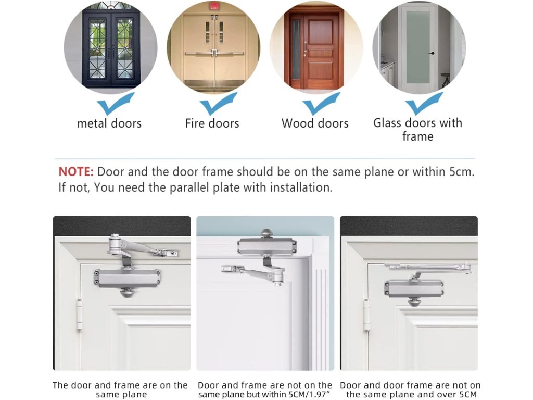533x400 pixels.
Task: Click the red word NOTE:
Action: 76,172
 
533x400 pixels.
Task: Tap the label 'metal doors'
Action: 109,123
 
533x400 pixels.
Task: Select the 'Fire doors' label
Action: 212,123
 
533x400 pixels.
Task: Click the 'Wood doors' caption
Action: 315,123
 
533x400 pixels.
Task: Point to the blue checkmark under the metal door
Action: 115,104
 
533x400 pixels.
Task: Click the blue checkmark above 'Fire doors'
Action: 218,104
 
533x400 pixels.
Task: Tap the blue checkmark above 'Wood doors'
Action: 321,104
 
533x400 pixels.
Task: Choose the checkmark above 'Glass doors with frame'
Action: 424,104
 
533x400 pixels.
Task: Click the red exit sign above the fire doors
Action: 214,6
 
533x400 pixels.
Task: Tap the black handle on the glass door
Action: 432,53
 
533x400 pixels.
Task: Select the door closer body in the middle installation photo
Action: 267,246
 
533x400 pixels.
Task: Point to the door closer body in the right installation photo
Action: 414,289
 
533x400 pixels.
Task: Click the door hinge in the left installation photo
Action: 79,315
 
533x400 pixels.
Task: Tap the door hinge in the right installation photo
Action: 366,315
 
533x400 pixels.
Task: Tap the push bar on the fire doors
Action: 214,54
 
